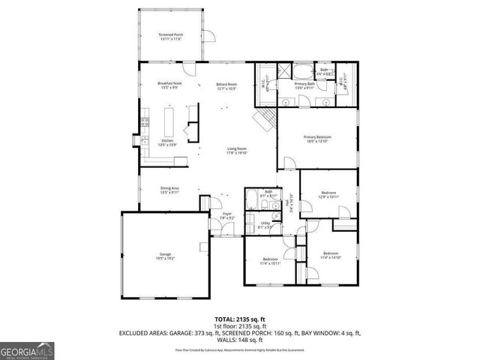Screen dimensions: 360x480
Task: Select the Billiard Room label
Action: (226, 87)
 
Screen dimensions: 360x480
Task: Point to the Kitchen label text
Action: (167, 142)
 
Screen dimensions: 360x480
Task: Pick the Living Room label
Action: (237, 151)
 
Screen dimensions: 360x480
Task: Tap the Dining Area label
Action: (169, 190)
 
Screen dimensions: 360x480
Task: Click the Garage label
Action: (165, 256)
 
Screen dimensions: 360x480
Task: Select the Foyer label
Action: (226, 216)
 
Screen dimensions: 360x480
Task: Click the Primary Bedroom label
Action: (317, 139)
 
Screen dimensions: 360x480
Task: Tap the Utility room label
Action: (265, 224)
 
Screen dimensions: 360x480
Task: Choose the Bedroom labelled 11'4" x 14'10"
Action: (331, 255)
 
